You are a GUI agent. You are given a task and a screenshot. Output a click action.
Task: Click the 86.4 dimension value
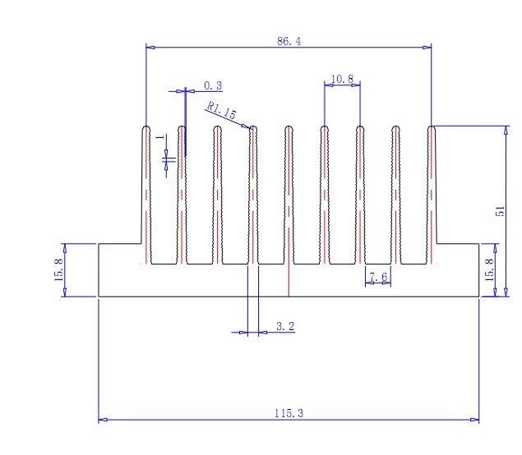tap(289, 41)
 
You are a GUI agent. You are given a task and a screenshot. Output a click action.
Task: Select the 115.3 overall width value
tap(289, 413)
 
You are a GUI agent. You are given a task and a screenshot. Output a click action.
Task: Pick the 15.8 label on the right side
tap(490, 270)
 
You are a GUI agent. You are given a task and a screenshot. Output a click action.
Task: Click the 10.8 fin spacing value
tap(342, 79)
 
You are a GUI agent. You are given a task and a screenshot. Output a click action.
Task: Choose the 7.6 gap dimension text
tap(379, 278)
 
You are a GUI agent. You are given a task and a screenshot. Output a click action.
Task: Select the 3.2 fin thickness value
tap(284, 327)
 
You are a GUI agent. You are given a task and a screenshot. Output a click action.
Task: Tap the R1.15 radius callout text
tap(221, 110)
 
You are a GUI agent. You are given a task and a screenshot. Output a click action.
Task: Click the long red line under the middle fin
tap(289, 279)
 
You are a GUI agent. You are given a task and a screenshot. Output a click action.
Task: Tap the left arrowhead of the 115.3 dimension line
tap(102, 420)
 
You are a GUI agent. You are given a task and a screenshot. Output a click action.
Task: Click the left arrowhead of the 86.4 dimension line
tap(150, 47)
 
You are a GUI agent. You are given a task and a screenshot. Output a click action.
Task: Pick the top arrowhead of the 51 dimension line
tap(505, 129)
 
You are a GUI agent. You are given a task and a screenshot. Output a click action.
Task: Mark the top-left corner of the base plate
tap(99, 243)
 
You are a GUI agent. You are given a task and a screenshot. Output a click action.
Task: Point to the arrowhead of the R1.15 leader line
tap(250, 126)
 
